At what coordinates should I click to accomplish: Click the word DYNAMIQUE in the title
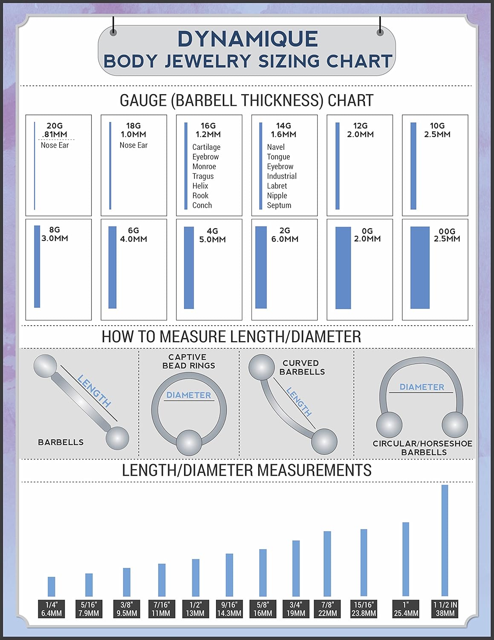click(248, 39)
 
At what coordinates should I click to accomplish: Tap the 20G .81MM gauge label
click(55, 130)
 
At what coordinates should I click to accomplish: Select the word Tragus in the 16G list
click(203, 176)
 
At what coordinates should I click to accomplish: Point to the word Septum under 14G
click(279, 205)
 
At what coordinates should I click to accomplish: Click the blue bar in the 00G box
click(420, 268)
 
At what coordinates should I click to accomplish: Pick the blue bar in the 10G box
click(413, 166)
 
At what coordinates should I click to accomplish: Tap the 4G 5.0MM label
click(212, 235)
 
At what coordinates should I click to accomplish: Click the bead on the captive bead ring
click(189, 443)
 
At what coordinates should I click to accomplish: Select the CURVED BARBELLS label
click(302, 367)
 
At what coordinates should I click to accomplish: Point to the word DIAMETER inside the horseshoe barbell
click(422, 387)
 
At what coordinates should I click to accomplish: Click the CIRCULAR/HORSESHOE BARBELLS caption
click(422, 448)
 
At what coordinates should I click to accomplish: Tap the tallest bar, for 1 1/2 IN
click(445, 540)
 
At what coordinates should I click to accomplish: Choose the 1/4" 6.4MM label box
click(52, 609)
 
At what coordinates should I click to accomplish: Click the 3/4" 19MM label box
click(296, 609)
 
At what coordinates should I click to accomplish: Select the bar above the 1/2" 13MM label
click(196, 577)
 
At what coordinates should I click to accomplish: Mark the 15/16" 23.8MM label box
click(364, 609)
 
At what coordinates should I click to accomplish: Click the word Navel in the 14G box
click(276, 147)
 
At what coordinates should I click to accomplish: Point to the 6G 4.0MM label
click(133, 235)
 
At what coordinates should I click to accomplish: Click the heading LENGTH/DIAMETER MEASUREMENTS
click(246, 470)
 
